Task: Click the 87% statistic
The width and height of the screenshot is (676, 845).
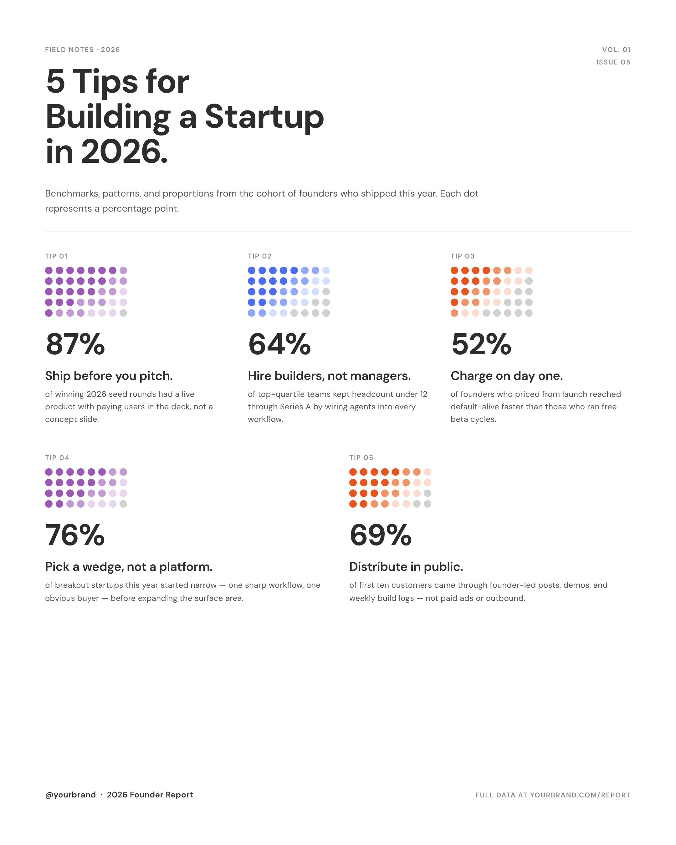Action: pos(75,344)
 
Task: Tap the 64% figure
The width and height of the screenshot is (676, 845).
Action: pos(279,344)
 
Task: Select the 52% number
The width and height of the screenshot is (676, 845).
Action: pos(481,344)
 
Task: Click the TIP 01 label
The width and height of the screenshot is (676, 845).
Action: pos(56,256)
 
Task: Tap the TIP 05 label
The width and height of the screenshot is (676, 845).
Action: pos(361,458)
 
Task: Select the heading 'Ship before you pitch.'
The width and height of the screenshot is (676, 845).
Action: pos(109,376)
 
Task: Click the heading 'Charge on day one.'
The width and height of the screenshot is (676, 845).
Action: pos(507,376)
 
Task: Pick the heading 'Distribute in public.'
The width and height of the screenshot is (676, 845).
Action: pos(406,567)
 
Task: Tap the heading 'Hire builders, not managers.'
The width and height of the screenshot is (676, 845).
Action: pos(329,376)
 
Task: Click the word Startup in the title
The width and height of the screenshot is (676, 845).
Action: pos(264,116)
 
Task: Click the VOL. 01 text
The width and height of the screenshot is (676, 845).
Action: pos(616,50)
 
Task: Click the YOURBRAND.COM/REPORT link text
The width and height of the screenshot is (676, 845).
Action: pos(580,795)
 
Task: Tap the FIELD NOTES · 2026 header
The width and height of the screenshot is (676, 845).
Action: pos(82,50)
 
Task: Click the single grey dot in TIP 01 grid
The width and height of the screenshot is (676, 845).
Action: pos(123,313)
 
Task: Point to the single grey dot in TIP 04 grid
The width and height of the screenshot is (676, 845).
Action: pos(123,504)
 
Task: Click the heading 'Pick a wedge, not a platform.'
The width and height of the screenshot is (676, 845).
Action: pos(129,567)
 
